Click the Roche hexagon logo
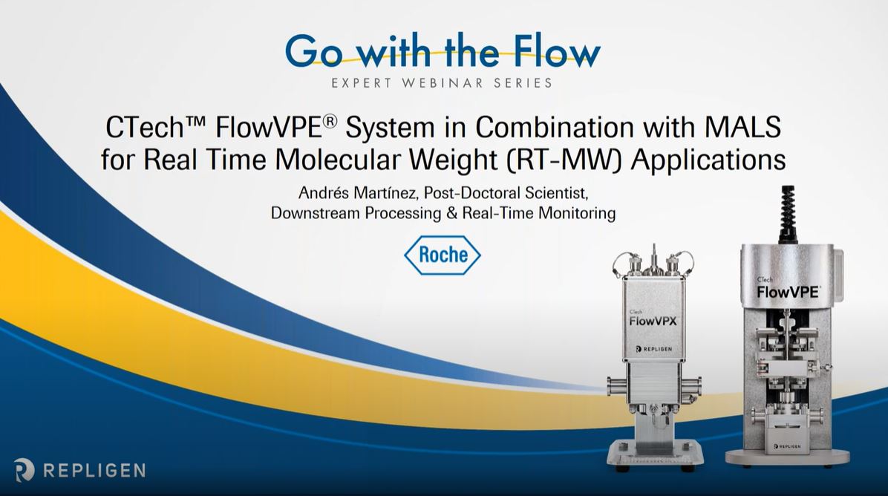443,255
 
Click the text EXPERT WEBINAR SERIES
442,82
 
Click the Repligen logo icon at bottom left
25,470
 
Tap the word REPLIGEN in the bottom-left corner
94,470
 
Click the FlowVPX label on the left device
653,321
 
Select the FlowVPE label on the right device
788,292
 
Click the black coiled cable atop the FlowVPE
787,213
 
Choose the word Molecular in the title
338,160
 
